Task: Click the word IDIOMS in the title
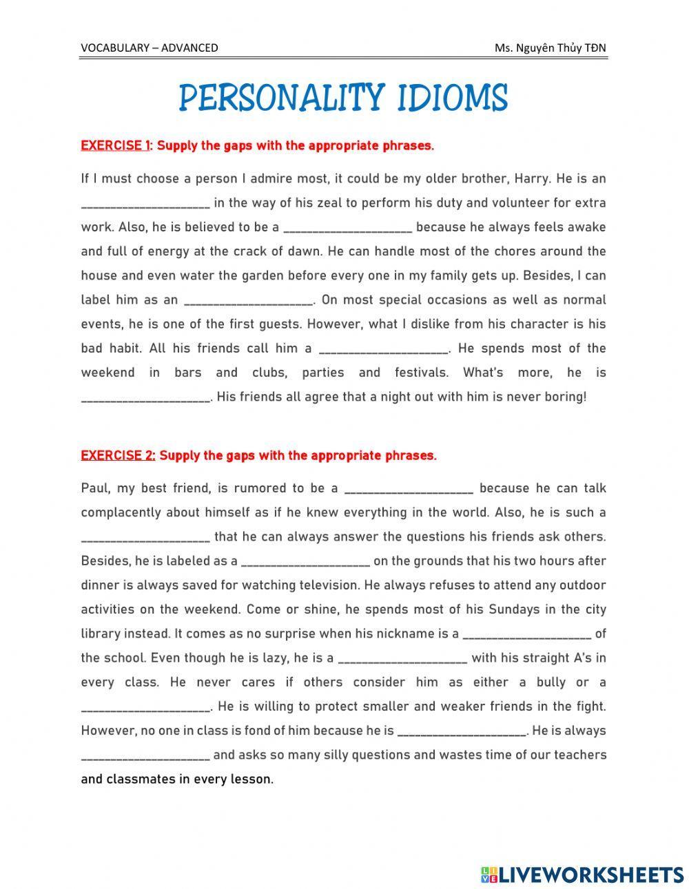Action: (452, 98)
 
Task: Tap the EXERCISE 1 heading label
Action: (115, 145)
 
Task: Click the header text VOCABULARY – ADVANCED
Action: (149, 48)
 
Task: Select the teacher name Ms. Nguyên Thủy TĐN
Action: (550, 48)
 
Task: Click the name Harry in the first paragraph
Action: (530, 178)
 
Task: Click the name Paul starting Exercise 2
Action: (95, 488)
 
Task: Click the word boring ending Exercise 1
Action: (564, 397)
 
